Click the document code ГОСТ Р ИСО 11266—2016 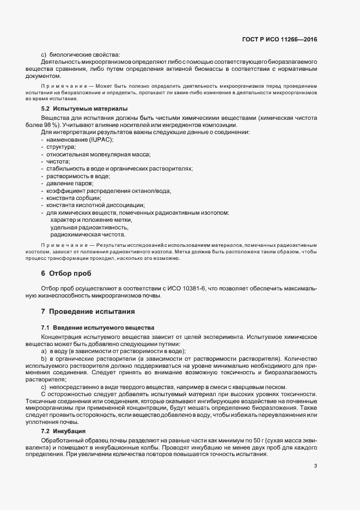pyautogui.click(x=280, y=39)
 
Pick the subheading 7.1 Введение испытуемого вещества pyautogui.click(x=97, y=327)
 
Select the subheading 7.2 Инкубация pyautogui.click(x=67, y=415)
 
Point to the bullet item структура pyautogui.click(x=60, y=147)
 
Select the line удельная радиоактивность pyautogui.click(x=89, y=227)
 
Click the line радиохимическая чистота pyautogui.click(x=88, y=235)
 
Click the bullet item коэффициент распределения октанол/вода pyautogui.click(x=108, y=191)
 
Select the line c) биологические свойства pyautogui.click(x=80, y=54)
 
